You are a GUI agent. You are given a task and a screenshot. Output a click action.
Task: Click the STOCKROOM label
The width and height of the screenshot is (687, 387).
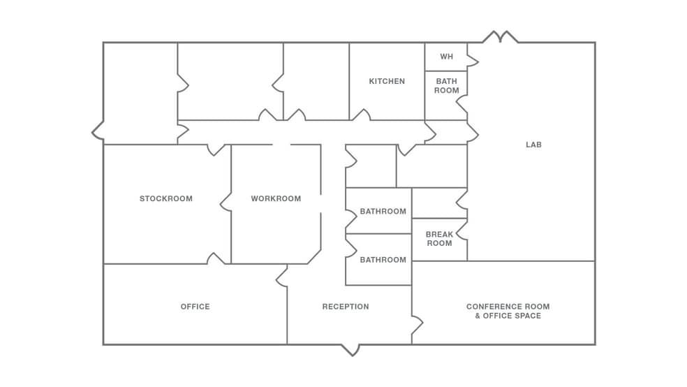[x=165, y=198]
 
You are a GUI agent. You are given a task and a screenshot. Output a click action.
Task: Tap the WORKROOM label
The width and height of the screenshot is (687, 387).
[x=276, y=198]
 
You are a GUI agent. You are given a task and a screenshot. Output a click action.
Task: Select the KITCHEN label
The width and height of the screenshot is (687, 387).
[x=387, y=81]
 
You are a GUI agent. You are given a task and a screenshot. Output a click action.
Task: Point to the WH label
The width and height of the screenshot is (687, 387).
[x=446, y=57]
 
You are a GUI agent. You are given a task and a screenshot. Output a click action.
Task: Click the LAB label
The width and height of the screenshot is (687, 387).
[x=533, y=145]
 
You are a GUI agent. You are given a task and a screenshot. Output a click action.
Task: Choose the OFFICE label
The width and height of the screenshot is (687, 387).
[x=195, y=307]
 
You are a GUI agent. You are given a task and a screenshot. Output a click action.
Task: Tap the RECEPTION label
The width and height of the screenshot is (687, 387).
[x=346, y=307]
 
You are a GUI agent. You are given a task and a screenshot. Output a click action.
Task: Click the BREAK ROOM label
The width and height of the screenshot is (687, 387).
[x=439, y=239]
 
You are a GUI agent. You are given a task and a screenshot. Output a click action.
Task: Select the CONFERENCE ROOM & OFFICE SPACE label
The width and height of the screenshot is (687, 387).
[x=508, y=311]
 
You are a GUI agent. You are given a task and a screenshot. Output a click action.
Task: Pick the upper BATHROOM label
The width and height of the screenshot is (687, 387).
[x=383, y=211]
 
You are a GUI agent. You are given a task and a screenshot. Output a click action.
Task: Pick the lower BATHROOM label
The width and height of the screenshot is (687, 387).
[x=383, y=260]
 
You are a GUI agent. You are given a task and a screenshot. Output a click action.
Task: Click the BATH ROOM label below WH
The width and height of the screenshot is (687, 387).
[x=446, y=86]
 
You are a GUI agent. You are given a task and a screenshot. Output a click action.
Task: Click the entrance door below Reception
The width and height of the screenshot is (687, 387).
[x=350, y=349]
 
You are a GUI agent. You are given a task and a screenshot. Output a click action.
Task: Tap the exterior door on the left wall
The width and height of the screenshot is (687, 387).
[x=98, y=131]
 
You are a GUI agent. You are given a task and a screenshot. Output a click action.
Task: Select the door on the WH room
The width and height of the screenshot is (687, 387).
[x=473, y=62]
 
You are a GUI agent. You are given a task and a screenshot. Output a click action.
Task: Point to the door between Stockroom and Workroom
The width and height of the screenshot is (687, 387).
[x=226, y=202]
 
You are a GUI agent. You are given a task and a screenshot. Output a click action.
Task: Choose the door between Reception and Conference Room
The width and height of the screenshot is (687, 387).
[x=417, y=325]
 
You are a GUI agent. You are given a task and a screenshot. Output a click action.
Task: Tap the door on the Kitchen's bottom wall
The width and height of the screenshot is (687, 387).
[x=360, y=115]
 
